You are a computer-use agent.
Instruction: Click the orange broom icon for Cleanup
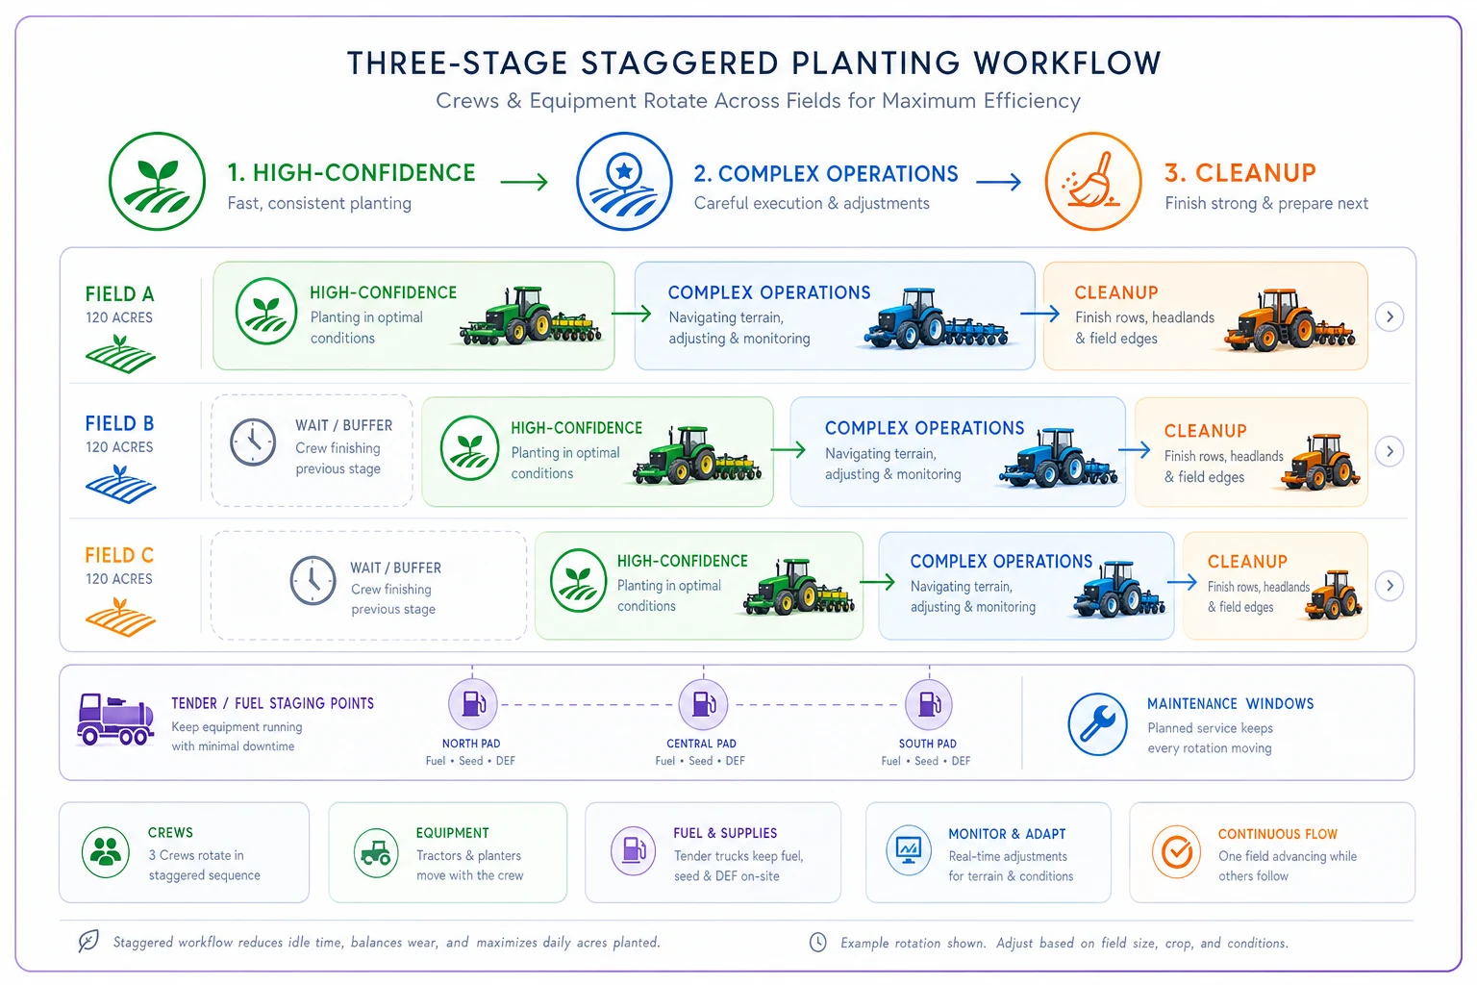(x=1093, y=182)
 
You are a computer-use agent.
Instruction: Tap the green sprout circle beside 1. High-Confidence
(x=157, y=182)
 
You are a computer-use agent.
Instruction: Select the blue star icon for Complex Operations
(x=624, y=182)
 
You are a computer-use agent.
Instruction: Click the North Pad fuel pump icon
(x=472, y=704)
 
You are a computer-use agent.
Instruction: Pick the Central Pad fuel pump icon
(x=703, y=704)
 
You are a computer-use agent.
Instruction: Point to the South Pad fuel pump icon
(x=928, y=704)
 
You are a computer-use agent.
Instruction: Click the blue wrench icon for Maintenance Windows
(x=1098, y=723)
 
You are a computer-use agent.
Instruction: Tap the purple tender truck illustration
(x=115, y=720)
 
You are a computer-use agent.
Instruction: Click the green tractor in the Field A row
(x=530, y=316)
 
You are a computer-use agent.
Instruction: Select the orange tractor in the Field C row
(x=1333, y=595)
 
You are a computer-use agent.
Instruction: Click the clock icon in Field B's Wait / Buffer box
(x=253, y=442)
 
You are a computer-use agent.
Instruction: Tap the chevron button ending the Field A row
(x=1389, y=316)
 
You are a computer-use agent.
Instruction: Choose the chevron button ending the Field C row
(x=1389, y=586)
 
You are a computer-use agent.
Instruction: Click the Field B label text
(x=119, y=423)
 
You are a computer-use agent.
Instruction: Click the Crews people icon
(x=106, y=851)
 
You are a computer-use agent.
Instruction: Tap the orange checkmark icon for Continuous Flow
(x=1176, y=851)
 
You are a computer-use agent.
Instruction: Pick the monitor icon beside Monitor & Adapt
(x=909, y=850)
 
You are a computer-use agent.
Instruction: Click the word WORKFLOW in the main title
(x=1066, y=63)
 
